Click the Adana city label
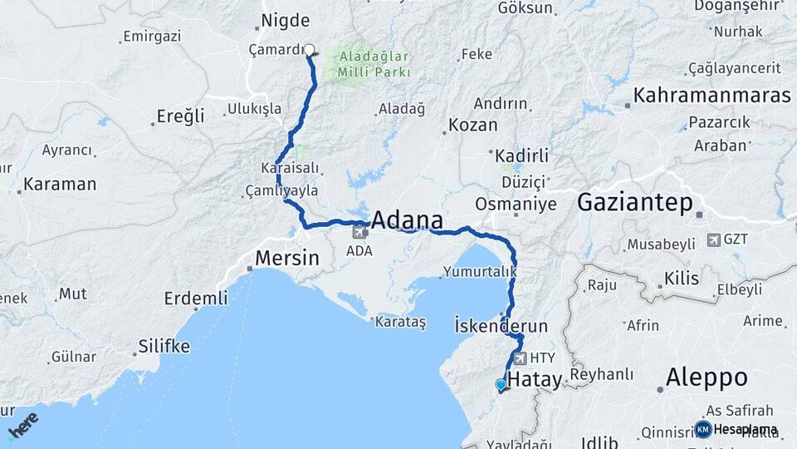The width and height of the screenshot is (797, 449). coord(407,220)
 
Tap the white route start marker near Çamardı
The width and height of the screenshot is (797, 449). coord(309,50)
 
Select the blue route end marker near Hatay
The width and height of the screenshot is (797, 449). coord(501,385)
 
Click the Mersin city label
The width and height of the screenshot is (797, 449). coord(286,258)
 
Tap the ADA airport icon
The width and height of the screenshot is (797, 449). coord(359,232)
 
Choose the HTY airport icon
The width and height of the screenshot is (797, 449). coord(521,358)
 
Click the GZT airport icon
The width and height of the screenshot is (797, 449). coord(713,239)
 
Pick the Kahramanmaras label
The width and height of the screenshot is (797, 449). coord(711,96)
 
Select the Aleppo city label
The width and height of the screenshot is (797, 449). coord(707,378)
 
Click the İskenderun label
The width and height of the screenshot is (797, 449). coord(501,325)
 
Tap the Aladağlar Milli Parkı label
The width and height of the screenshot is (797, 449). coord(374,63)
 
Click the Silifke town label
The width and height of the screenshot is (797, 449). coord(164,346)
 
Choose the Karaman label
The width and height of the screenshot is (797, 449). coord(60,184)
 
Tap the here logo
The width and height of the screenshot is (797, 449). coord(22,426)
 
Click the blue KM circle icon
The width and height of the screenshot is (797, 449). coord(703,429)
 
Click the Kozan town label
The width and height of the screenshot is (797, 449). coord(473,126)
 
